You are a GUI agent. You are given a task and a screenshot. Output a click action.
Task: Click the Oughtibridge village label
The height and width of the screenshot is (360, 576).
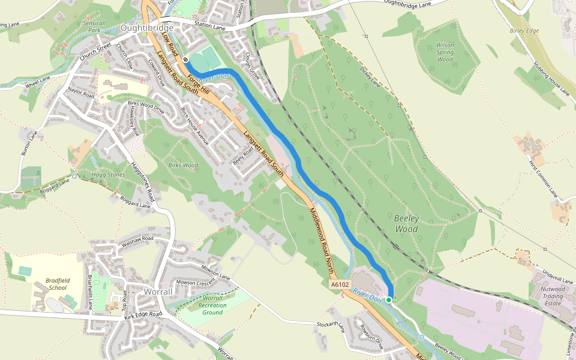click(x=146, y=28)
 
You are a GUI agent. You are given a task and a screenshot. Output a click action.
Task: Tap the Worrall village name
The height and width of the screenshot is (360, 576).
click(x=159, y=292)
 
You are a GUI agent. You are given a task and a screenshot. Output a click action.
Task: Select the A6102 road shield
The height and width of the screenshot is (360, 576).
click(x=340, y=284)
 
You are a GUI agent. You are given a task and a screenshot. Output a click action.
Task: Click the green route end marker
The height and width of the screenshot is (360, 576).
click(x=389, y=299)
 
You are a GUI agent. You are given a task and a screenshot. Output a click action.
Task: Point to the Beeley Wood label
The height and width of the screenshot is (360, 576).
click(x=406, y=223)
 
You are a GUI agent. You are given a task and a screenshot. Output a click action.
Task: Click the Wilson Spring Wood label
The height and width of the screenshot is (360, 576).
click(x=445, y=52)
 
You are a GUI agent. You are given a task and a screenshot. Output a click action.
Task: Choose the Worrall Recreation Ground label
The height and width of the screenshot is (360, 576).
click(x=213, y=305)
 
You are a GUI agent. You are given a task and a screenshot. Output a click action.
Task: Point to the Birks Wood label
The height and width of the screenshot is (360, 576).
click(x=182, y=165)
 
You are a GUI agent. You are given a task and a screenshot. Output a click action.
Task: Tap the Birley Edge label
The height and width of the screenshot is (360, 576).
click(x=524, y=31)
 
